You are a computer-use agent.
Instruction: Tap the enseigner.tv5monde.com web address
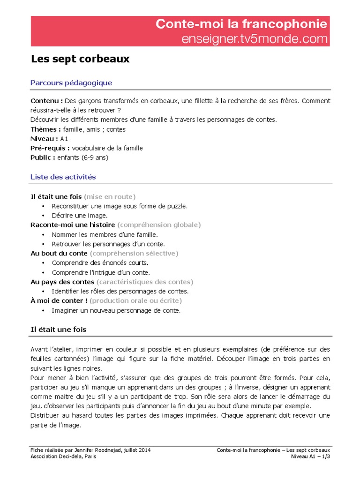coord(255,39)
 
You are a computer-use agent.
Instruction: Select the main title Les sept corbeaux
coord(80,60)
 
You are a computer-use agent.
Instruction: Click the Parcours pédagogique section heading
coord(71,83)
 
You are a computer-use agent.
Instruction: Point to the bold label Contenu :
coord(47,101)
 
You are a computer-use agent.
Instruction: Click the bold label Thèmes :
coord(46,129)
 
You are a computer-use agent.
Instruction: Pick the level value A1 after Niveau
coord(65,139)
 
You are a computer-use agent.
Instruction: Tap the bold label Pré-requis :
coord(50,148)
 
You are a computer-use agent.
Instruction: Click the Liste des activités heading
coord(63,177)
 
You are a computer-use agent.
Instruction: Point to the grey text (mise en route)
coord(110,196)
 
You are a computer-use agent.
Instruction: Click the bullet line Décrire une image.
coord(80,216)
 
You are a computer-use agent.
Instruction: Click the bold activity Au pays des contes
coord(62,282)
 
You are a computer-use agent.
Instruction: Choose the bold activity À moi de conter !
coord(59,300)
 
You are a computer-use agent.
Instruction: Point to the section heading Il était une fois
coord(59,330)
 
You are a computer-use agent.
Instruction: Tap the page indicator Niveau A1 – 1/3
coord(311,457)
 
